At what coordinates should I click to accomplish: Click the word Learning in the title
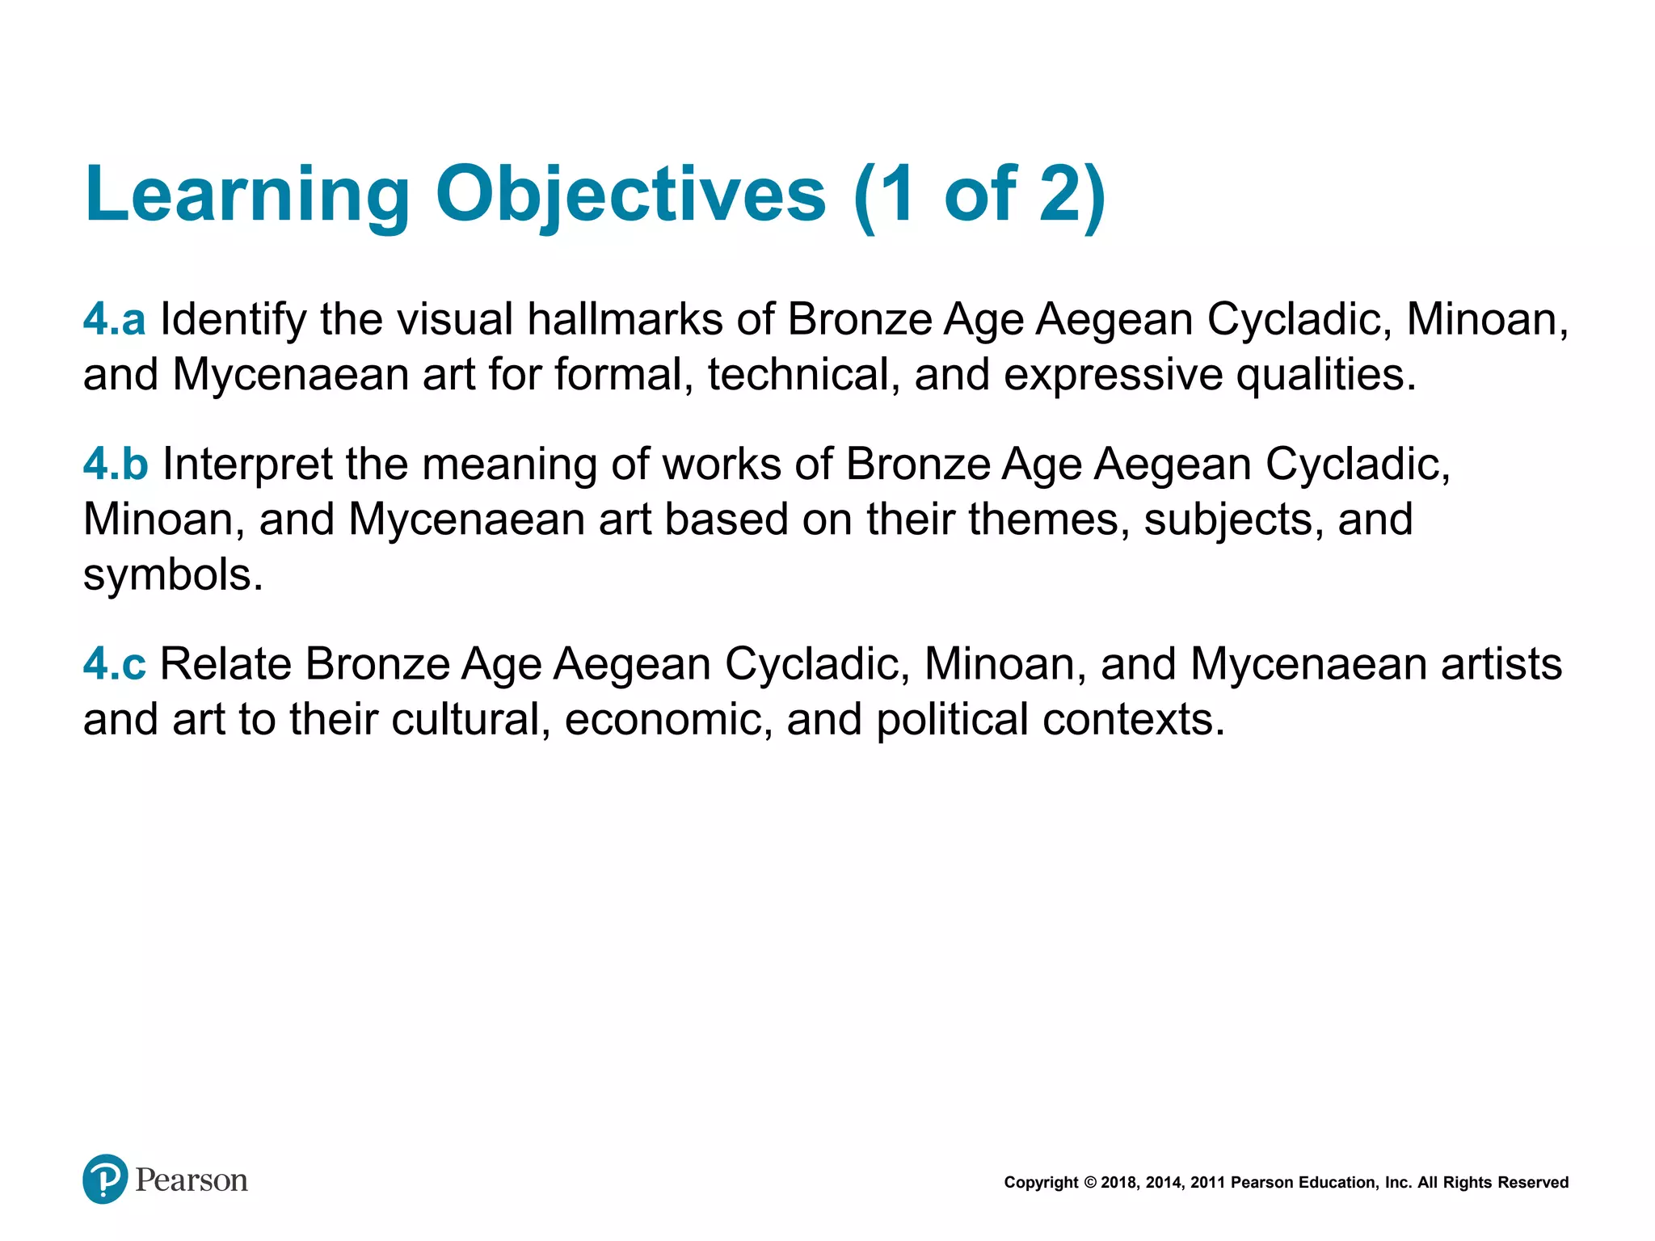pos(247,195)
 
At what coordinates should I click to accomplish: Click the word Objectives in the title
pos(630,195)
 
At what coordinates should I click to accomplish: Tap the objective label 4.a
pos(114,319)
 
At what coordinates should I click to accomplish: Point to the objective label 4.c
pos(114,664)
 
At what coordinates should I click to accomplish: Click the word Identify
pos(233,320)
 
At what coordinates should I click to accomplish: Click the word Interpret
pos(247,465)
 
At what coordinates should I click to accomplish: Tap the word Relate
pos(225,664)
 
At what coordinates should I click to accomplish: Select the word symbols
pos(173,574)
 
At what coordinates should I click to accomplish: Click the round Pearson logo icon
pos(105,1179)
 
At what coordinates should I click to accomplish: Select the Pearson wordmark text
pos(192,1180)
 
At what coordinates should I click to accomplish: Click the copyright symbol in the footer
pos(1089,1183)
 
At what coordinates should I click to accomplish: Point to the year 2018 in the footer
pos(1118,1183)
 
